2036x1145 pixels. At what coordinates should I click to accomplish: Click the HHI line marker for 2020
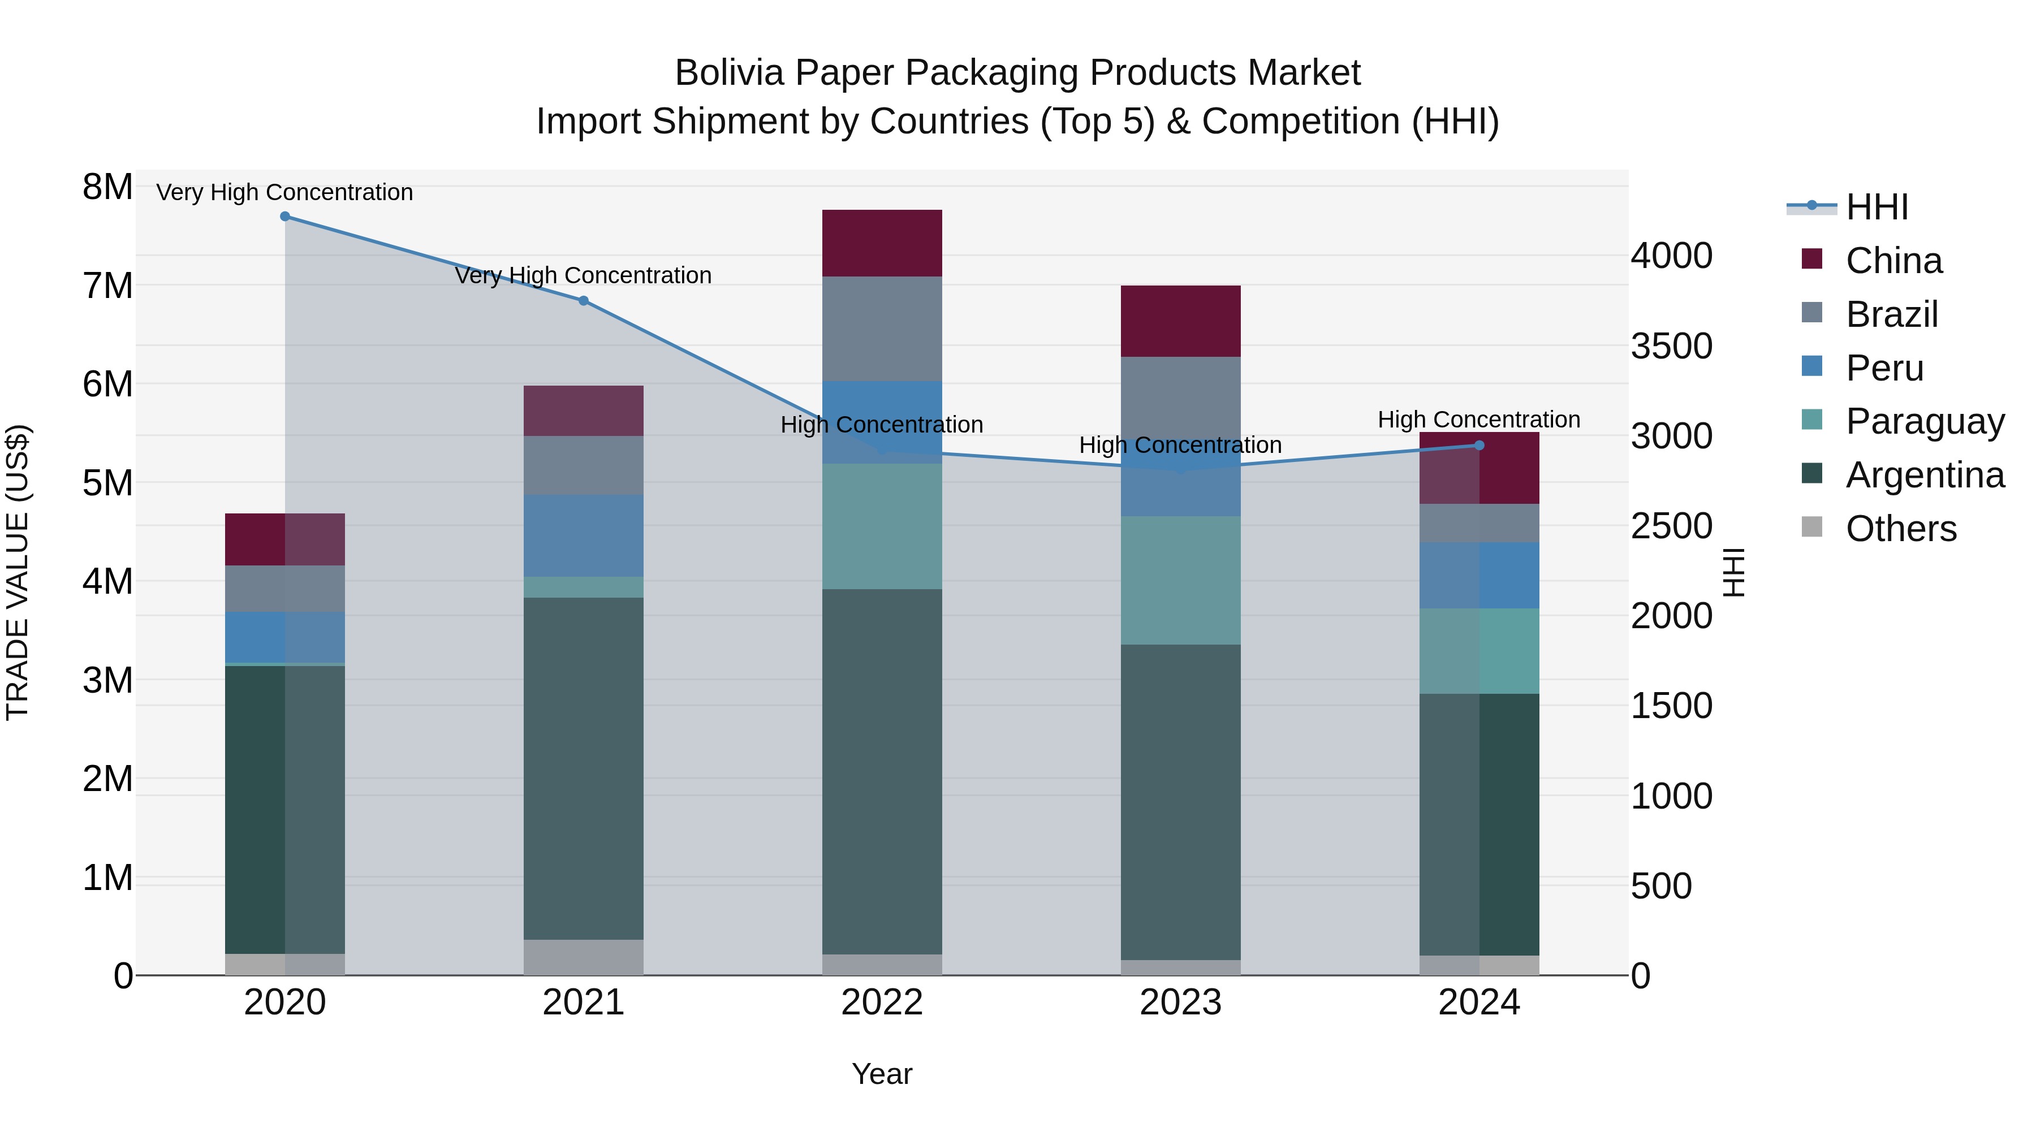(286, 217)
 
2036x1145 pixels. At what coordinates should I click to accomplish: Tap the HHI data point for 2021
(583, 300)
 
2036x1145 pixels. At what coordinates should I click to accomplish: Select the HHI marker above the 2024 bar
(1479, 446)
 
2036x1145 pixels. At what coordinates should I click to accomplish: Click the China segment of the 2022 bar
(882, 243)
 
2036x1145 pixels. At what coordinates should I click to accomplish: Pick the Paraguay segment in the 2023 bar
(1181, 580)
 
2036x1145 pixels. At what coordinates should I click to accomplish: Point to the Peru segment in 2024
(1479, 575)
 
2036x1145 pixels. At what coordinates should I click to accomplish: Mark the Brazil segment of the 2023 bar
(1181, 395)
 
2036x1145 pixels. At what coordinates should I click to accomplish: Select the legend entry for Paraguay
(1925, 421)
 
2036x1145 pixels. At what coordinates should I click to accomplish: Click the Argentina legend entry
(1925, 475)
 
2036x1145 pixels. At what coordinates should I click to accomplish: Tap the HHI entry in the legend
(1877, 207)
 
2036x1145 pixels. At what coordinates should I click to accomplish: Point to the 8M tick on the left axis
(107, 187)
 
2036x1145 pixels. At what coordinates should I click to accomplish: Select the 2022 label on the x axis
(882, 1003)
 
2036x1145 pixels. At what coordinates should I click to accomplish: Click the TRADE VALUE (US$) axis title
(18, 572)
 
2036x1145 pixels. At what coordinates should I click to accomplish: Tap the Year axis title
(882, 1074)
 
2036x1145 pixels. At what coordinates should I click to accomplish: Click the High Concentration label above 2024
(1479, 420)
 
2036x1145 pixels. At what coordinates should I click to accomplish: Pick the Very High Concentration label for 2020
(284, 193)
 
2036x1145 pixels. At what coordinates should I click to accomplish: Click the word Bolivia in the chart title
(729, 73)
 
